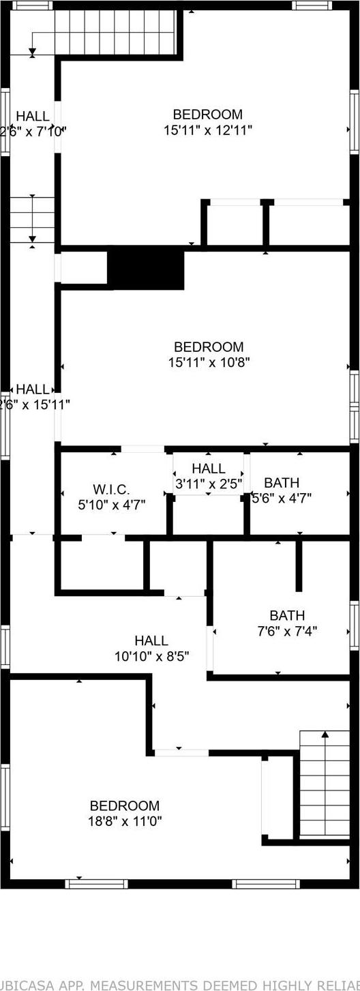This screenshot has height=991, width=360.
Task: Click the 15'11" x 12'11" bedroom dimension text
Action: [208, 130]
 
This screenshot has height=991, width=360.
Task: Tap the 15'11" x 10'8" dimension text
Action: [209, 362]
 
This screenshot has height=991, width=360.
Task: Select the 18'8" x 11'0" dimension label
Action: [125, 821]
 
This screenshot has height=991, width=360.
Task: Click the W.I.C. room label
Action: [111, 490]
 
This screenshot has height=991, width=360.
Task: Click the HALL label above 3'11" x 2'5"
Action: [208, 469]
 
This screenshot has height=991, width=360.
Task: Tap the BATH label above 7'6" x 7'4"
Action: [287, 616]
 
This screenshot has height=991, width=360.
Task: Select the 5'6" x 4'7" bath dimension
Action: [282, 498]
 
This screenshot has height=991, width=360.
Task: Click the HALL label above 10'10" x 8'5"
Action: [151, 640]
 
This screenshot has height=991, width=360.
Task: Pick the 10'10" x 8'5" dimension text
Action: [151, 656]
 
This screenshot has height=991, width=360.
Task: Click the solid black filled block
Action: [147, 269]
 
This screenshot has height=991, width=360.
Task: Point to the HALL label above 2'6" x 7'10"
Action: [33, 116]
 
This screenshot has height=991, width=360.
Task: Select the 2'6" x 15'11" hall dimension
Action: [33, 404]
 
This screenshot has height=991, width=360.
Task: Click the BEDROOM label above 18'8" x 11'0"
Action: [125, 805]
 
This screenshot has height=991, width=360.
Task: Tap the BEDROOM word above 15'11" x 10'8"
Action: [209, 346]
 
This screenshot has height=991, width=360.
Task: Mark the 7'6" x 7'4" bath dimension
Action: [287, 632]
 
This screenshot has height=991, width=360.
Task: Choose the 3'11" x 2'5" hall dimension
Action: [208, 484]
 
